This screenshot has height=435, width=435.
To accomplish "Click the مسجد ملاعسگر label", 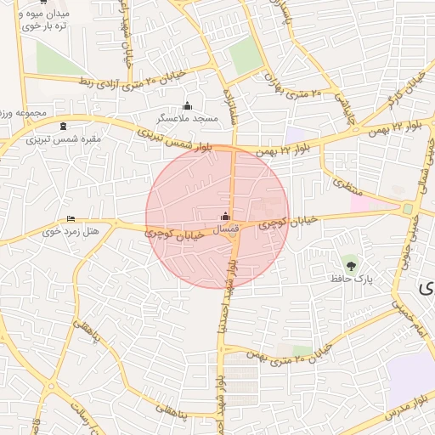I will pos(188,119).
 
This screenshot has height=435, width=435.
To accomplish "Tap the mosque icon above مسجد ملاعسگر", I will pos(188,106).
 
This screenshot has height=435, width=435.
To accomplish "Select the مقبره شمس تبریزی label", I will pos(63,138).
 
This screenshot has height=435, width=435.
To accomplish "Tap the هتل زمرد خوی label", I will pos(71,230).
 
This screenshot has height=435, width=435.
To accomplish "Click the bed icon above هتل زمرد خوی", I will pos(71,217).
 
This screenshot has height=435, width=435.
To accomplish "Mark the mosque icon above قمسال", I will pos(225,217).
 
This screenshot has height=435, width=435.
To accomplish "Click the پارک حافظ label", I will pos(351,278).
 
